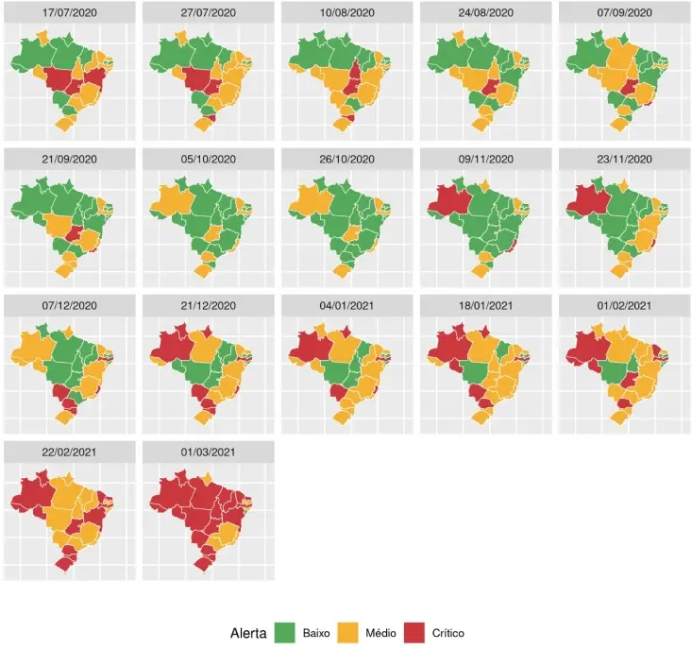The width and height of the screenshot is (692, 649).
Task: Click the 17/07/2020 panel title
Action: point(71,13)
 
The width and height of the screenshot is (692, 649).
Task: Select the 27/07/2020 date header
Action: point(209,13)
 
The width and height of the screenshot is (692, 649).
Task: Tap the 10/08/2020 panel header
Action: point(347,13)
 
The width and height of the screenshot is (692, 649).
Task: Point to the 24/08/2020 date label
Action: point(486,13)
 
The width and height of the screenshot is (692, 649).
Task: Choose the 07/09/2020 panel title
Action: point(625,13)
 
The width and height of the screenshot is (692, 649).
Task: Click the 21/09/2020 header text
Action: point(71,160)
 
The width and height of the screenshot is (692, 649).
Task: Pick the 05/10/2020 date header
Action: point(209,160)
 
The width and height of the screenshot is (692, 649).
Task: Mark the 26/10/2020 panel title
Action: point(347,160)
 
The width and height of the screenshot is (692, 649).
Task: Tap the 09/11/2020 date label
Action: point(486,160)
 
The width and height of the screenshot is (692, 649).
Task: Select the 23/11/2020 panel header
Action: point(625,160)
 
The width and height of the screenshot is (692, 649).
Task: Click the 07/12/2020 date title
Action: point(71,305)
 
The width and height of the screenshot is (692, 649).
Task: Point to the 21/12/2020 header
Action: point(209,305)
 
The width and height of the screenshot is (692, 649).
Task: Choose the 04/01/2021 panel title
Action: point(347,305)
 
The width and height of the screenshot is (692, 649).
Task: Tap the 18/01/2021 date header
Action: point(486,305)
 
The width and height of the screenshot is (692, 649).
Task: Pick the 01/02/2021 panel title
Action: point(625,305)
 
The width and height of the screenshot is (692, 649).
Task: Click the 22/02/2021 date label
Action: point(71,452)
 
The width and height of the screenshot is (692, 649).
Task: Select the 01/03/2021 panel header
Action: point(209,452)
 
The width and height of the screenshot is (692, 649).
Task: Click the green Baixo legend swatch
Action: point(284,632)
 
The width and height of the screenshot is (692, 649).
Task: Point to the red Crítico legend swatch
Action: point(414,632)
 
